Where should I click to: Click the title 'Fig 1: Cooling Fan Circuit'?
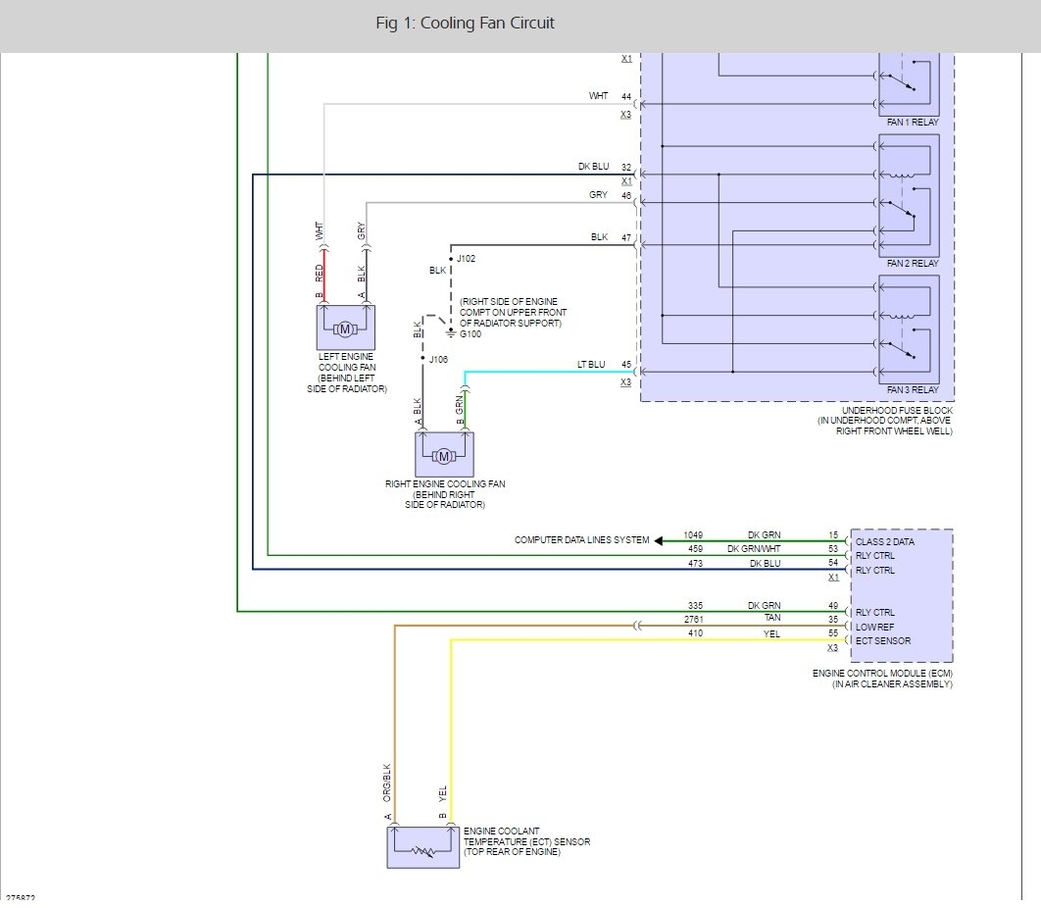(x=465, y=24)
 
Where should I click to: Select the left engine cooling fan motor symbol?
(x=345, y=328)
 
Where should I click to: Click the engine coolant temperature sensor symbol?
(x=423, y=847)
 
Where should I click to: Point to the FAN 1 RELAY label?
(x=912, y=123)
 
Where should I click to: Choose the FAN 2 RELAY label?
(x=912, y=264)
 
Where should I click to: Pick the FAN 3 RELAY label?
(x=912, y=390)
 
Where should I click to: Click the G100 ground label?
(x=471, y=334)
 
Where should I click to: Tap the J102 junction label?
(x=466, y=259)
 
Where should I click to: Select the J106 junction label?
(x=438, y=360)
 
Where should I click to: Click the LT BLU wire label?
(x=593, y=365)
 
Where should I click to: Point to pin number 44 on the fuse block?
(x=626, y=96)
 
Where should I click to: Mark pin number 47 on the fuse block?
(x=626, y=238)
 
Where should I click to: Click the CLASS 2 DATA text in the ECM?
(x=885, y=541)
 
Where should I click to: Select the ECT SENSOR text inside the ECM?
(x=884, y=641)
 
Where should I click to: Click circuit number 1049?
(x=695, y=535)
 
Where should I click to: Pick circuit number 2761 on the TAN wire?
(x=695, y=620)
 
